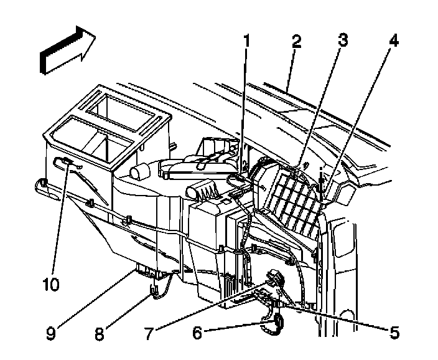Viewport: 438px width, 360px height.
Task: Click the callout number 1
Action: [246, 42]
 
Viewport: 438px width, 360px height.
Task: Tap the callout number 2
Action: [297, 42]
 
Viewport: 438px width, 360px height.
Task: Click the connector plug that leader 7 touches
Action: [272, 276]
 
